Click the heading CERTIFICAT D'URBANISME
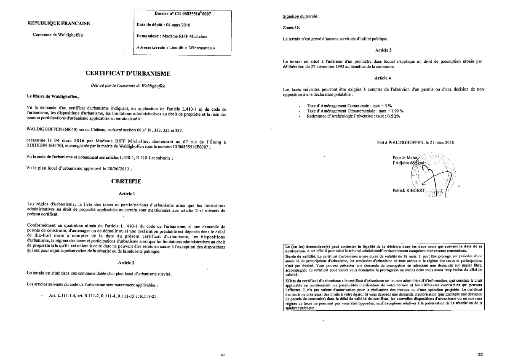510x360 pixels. (x=128, y=74)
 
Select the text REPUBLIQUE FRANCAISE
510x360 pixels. (x=59, y=23)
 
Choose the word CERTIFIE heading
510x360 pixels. (x=126, y=181)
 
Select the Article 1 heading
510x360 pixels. (x=127, y=194)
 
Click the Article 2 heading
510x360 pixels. (x=127, y=263)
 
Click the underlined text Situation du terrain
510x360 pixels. (x=301, y=16)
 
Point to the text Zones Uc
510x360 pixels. (x=292, y=28)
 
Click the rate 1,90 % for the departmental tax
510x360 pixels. (x=395, y=111)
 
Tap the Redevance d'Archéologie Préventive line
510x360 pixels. (x=353, y=116)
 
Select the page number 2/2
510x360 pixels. (x=481, y=355)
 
